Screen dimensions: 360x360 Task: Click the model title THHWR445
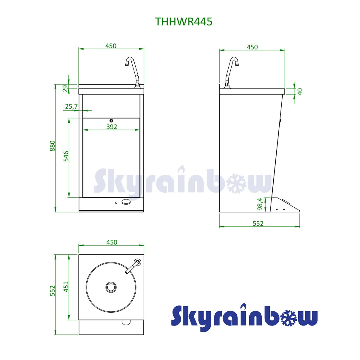click(x=184, y=22)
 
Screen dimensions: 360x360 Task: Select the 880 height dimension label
click(x=52, y=146)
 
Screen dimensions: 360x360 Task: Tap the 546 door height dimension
click(x=66, y=156)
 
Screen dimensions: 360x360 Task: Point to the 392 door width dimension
click(x=112, y=127)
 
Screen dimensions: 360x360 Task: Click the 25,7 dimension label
click(x=71, y=106)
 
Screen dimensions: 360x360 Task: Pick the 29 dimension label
click(x=65, y=89)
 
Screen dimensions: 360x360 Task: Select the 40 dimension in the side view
click(x=300, y=91)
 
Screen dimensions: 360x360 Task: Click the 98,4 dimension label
click(x=260, y=204)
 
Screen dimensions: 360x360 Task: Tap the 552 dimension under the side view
click(x=258, y=223)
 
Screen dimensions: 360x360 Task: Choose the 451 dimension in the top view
click(x=66, y=286)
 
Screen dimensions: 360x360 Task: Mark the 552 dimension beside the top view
click(x=52, y=291)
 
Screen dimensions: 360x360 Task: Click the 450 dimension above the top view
click(x=112, y=242)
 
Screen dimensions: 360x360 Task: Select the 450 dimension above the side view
click(x=252, y=47)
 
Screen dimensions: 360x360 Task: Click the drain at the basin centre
click(x=111, y=287)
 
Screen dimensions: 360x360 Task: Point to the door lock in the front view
click(x=111, y=120)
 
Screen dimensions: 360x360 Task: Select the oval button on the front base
click(x=126, y=202)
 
